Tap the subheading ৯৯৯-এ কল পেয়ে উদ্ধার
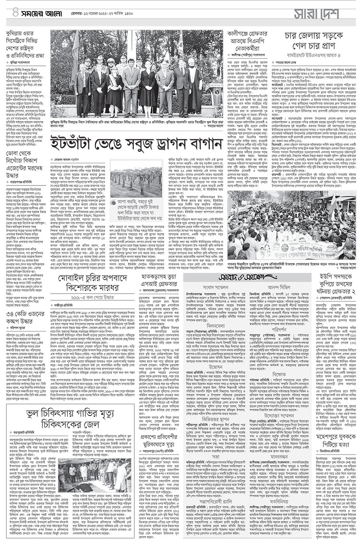[91, 294]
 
